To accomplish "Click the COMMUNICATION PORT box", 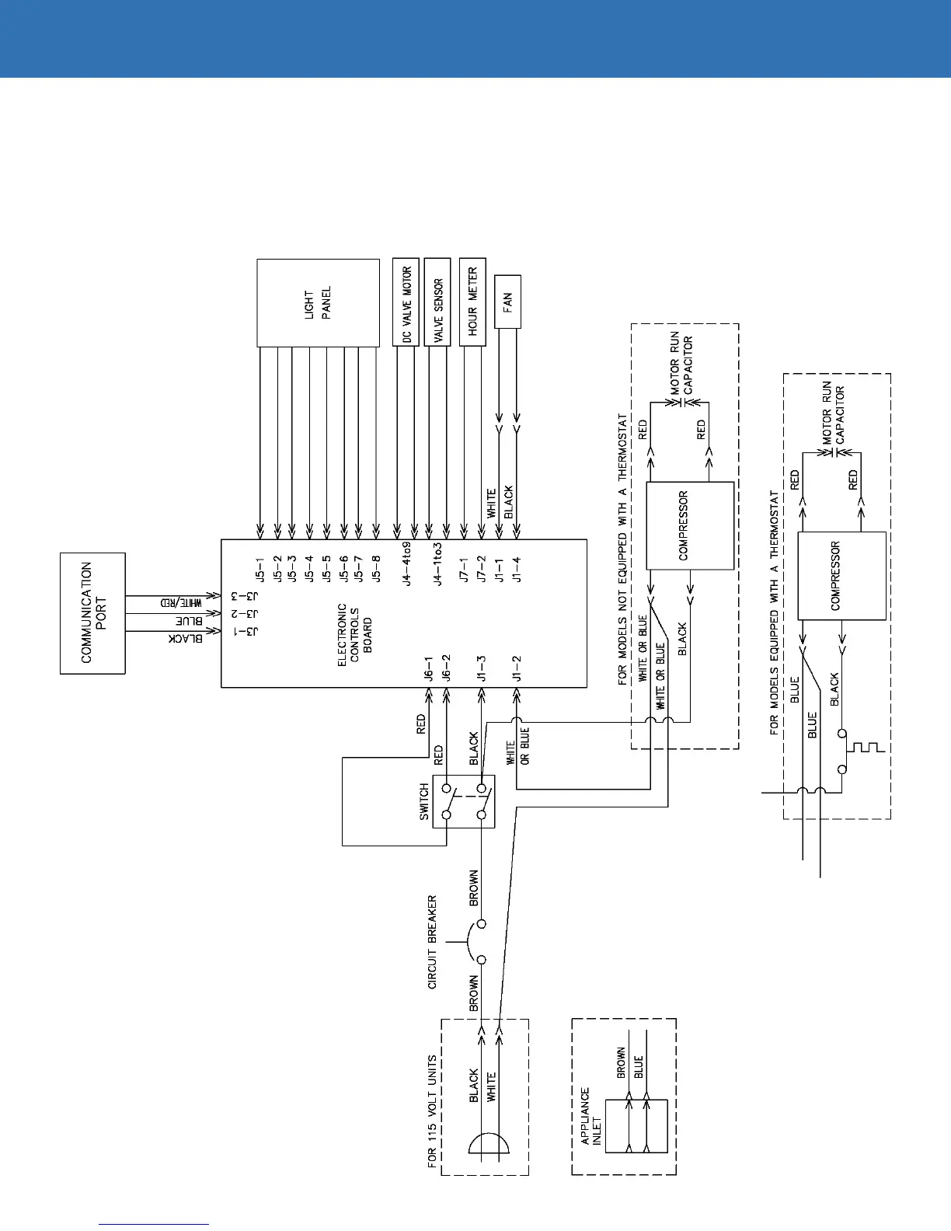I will [92, 612].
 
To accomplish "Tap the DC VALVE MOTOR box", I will [406, 302].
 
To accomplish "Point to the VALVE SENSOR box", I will [439, 302].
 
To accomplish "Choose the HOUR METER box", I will [472, 302].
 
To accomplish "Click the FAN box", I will [507, 301].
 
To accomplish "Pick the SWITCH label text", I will [424, 801].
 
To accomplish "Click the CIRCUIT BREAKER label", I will [433, 942].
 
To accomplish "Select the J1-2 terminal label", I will [517, 669].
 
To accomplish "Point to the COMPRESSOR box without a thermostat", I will [689, 526].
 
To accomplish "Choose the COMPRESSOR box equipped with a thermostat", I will [841, 576].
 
